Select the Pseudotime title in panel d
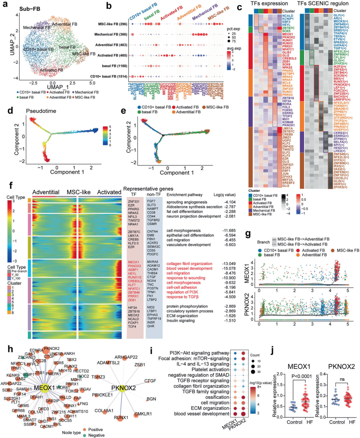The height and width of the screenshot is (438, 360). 41,111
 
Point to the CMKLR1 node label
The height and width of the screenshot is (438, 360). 143,414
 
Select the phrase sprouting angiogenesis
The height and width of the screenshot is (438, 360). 187,202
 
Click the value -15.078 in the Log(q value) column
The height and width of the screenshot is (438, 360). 229,268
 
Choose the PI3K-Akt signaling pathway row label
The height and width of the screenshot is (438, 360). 199,353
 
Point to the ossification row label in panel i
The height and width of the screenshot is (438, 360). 217,397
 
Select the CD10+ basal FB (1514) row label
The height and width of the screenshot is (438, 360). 109,77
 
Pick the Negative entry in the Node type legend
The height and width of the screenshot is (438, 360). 96,435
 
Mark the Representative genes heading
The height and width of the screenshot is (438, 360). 148,189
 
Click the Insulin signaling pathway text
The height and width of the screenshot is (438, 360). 181,321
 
